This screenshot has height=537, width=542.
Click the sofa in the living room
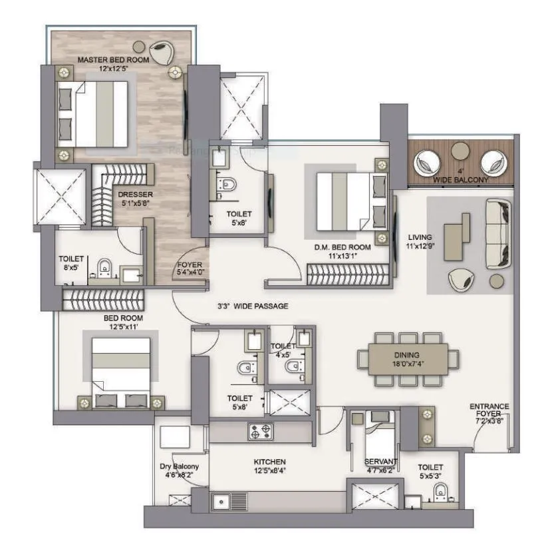[x=498, y=233]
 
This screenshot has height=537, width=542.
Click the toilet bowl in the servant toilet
[x=440, y=493]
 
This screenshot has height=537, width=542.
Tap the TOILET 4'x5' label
[x=282, y=350]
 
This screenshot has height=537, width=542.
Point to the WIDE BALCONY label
[x=460, y=180]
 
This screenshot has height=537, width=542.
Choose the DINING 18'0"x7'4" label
[x=406, y=360]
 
